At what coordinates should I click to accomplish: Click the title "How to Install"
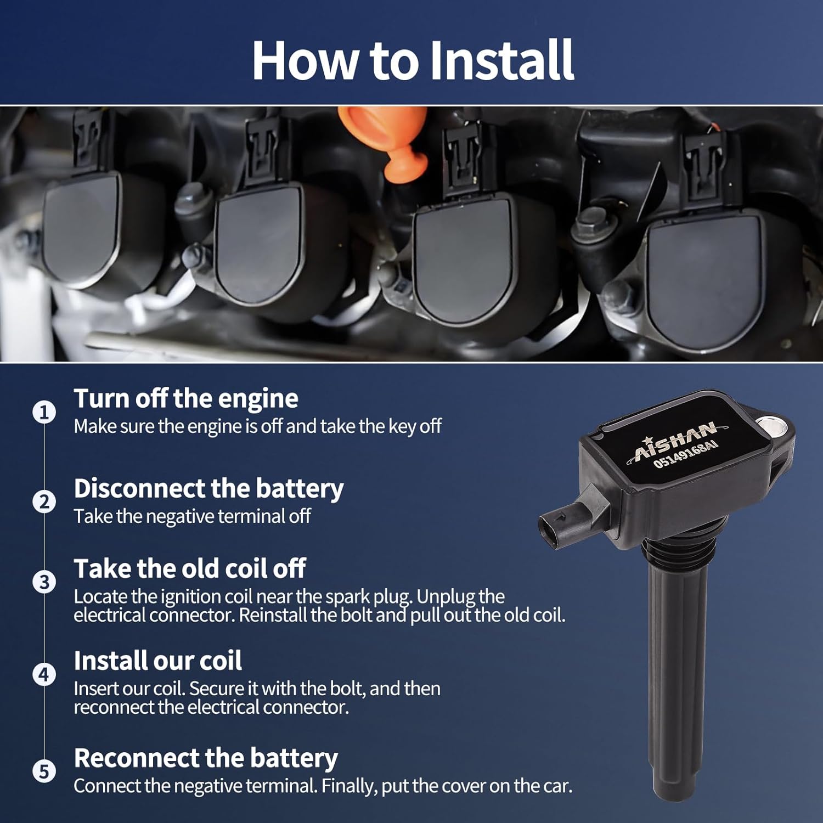click(x=413, y=60)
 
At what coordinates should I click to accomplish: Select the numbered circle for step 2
click(x=44, y=502)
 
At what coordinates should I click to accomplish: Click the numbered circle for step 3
click(x=44, y=582)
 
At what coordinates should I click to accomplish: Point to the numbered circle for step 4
click(x=44, y=674)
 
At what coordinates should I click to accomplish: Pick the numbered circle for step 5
click(x=44, y=771)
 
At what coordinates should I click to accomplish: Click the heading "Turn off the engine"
click(x=186, y=398)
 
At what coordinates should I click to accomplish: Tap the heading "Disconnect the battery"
click(x=208, y=488)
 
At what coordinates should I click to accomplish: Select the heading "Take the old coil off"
click(x=189, y=568)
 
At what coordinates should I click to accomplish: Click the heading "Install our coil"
click(x=157, y=661)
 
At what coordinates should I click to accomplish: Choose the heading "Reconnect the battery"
click(x=206, y=758)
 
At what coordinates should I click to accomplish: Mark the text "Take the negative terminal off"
click(x=193, y=516)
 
